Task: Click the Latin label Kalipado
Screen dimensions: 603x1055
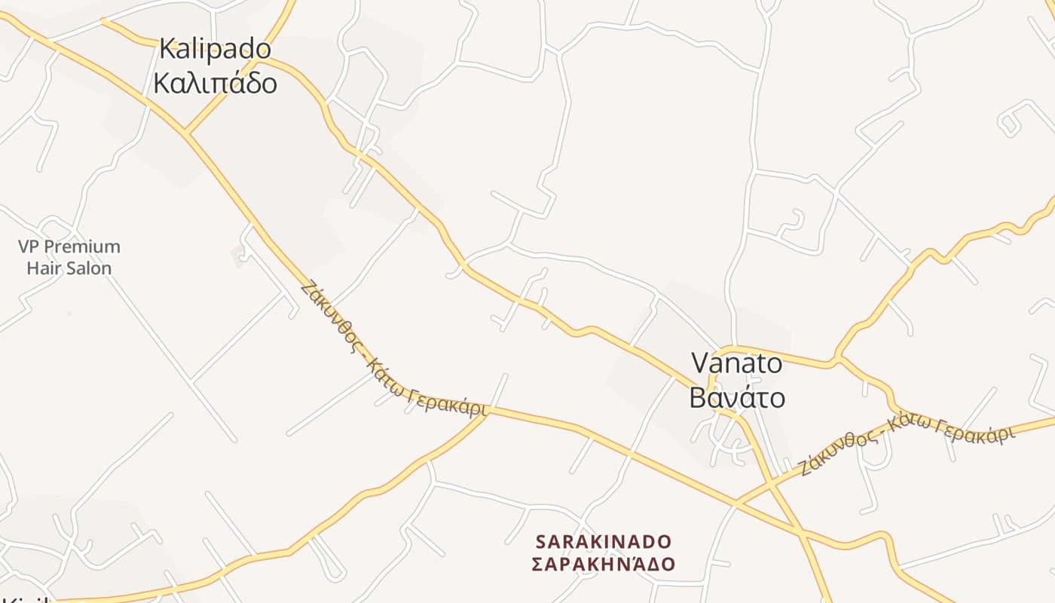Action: tap(215, 50)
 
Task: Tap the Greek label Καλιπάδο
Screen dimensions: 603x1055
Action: tap(215, 82)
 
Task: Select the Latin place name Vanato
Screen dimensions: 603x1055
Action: tap(737, 363)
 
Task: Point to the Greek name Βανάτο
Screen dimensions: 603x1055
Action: tap(737, 397)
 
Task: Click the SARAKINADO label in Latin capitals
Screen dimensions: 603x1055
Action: tap(603, 541)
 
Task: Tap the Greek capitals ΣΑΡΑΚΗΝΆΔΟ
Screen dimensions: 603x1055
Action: tap(603, 564)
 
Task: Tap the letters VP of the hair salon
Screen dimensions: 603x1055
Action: tap(28, 246)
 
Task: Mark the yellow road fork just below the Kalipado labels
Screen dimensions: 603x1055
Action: tap(186, 133)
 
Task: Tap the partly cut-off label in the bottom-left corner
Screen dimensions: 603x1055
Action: tap(30, 599)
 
